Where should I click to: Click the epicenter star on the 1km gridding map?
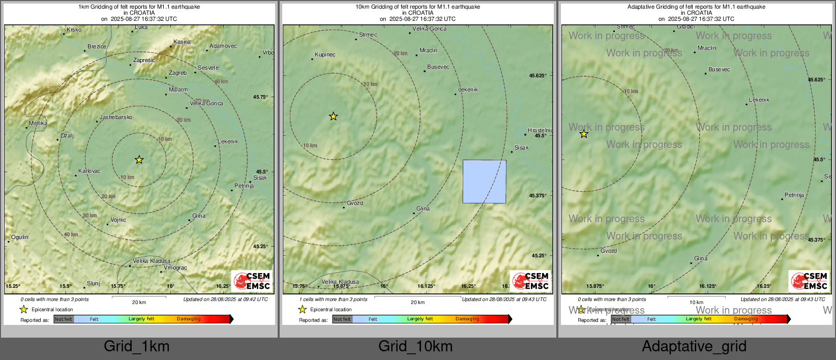coord(139,160)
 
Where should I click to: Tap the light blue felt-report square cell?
coord(484,182)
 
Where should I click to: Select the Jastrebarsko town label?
coord(116,117)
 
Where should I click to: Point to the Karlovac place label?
coord(89,171)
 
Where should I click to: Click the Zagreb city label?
coord(177,73)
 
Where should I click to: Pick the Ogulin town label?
coord(20,237)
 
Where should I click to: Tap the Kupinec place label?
coord(325,55)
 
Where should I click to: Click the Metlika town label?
coord(38,124)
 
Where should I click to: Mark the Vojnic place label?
coord(118,220)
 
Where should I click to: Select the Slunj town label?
coord(94,284)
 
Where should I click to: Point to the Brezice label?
coord(97,47)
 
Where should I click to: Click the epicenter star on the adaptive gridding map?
coord(584,134)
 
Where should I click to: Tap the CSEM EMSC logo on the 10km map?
coord(530,281)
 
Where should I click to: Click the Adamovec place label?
coord(223,46)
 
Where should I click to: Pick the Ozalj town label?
coord(67,136)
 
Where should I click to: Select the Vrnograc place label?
coord(175,268)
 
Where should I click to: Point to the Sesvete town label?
coord(208,68)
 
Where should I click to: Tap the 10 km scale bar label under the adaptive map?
coord(696,303)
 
